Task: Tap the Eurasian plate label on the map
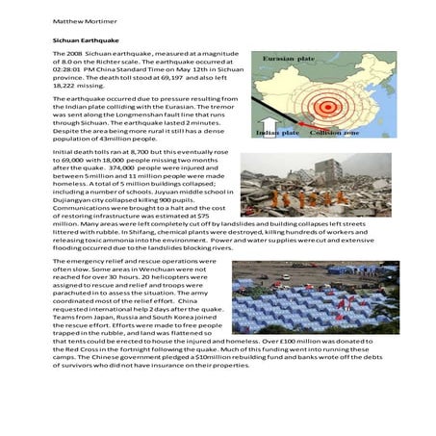coord(286,59)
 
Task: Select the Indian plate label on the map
coord(278,132)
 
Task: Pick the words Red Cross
coord(79,356)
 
